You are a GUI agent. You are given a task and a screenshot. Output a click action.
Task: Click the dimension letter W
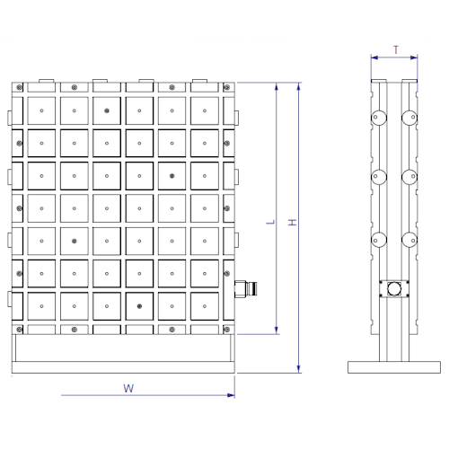128,388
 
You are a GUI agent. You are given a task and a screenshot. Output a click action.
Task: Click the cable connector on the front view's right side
240,287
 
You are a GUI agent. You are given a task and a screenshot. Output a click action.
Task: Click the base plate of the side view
394,366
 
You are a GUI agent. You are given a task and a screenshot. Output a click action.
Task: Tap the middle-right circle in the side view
409,176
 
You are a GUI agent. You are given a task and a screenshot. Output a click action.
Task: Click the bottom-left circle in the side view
378,240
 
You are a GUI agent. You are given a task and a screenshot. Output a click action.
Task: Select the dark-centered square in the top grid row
107,110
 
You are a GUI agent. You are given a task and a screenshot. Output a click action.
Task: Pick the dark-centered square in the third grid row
171,176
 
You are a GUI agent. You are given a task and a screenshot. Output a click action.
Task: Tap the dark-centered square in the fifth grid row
74,242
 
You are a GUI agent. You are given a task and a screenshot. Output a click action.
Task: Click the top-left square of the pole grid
41,110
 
